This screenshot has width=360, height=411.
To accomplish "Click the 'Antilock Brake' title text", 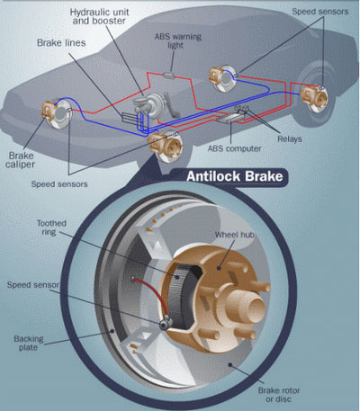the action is coord(235,176).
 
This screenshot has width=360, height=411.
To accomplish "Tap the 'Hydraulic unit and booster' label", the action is coord(99,16).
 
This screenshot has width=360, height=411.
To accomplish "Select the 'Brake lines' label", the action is coord(61,43).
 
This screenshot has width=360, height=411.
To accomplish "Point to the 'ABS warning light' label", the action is coord(177,40).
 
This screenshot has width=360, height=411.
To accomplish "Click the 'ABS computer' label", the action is coord(234,148).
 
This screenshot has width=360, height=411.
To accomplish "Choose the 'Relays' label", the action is coord(290,139).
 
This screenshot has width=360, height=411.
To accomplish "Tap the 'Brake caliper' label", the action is coord(20,160).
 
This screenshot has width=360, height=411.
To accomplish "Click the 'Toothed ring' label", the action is coord(51,228).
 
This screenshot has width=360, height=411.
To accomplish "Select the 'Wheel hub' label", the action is coord(234,235).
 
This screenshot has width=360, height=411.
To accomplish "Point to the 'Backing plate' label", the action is coord(29,344).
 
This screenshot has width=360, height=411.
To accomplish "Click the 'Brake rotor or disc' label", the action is coord(279,395).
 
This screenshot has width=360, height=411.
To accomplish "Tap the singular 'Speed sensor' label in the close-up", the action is coord(33,285).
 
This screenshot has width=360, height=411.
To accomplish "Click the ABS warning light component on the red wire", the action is coord(168,75).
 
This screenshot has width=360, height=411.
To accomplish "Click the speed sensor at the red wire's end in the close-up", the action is coord(166,323).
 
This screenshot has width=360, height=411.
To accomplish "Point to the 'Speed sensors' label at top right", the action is coord(320,12).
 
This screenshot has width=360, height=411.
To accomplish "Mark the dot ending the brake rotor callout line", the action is coord(230,365).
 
